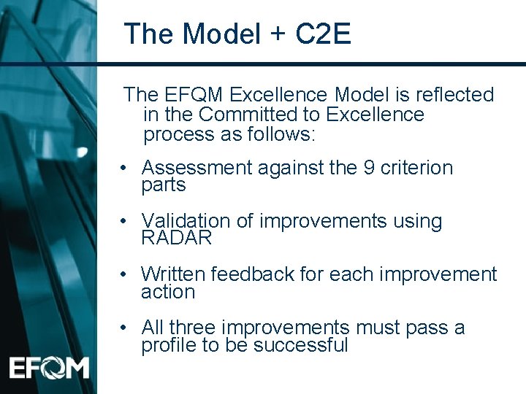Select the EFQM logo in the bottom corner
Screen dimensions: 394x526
pos(49,367)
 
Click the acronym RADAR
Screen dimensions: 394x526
pos(176,238)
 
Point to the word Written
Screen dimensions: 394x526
pos(174,274)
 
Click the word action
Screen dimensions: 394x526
pos(168,292)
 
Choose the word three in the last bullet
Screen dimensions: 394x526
pos(196,328)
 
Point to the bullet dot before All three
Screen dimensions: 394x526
pos(126,328)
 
